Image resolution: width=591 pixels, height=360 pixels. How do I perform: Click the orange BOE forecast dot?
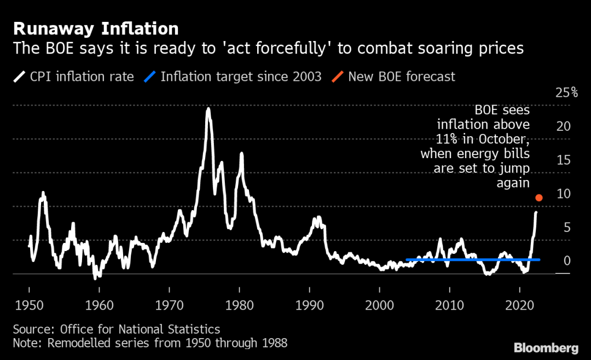click(x=539, y=198)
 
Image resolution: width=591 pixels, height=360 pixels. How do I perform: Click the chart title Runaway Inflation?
click(x=96, y=28)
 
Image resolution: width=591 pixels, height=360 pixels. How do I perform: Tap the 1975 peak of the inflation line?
click(x=208, y=109)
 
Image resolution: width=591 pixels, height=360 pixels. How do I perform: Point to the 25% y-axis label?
click(x=566, y=92)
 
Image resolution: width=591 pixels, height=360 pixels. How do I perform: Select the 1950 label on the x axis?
click(x=28, y=305)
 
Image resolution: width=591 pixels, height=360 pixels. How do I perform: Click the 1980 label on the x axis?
click(x=239, y=305)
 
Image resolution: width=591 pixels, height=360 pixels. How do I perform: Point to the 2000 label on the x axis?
click(x=380, y=305)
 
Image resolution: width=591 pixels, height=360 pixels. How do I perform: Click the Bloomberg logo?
click(x=546, y=348)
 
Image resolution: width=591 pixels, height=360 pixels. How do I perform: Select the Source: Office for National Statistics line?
click(x=117, y=329)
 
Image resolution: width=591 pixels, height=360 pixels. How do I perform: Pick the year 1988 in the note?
click(x=273, y=344)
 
